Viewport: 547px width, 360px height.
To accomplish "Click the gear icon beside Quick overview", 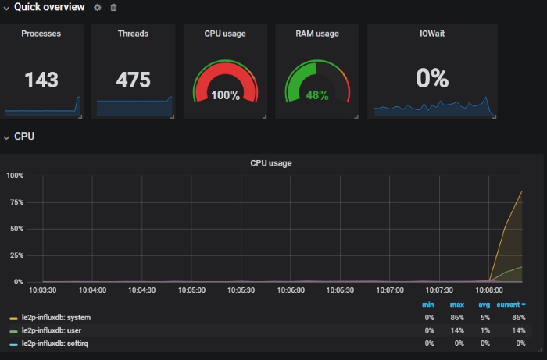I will click(98, 7).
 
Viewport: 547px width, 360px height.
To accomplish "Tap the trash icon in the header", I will click(114, 7).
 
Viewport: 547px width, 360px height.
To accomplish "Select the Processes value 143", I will click(41, 80).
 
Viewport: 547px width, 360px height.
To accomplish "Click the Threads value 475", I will click(134, 80).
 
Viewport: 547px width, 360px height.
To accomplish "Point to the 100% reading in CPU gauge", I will click(225, 95).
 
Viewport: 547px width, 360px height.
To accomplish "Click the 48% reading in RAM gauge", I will click(317, 95).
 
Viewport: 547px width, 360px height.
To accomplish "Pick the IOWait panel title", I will click(432, 34).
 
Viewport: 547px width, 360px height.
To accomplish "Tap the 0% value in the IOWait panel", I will click(432, 78).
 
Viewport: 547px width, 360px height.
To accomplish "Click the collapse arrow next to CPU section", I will click(6, 137).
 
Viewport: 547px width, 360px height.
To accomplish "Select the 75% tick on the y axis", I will click(15, 201).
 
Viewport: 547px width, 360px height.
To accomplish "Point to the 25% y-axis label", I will click(15, 255).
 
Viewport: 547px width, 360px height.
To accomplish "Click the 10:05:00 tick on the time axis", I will click(191, 290).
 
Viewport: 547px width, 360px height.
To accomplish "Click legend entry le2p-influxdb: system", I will click(55, 318).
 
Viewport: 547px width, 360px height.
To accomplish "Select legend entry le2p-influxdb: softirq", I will click(55, 343).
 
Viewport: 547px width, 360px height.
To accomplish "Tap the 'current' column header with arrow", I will click(511, 305).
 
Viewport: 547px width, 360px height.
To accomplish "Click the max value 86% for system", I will click(456, 318).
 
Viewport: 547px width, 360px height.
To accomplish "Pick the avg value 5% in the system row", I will click(484, 318).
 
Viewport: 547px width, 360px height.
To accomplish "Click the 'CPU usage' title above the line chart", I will click(270, 163).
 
